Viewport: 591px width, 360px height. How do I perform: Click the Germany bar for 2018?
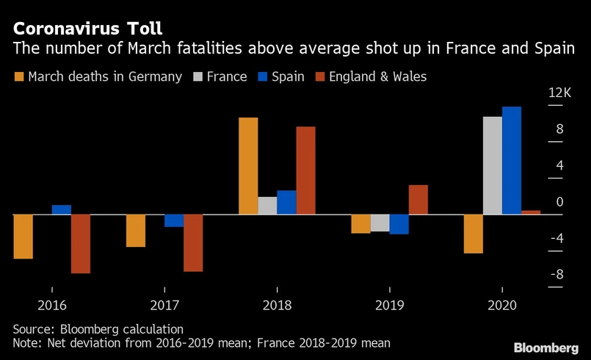[x=248, y=166]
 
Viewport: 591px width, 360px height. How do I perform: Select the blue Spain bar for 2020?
[x=512, y=161]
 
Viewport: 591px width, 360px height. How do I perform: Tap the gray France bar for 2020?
[x=493, y=165]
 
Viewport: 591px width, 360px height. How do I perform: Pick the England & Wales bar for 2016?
[x=81, y=244]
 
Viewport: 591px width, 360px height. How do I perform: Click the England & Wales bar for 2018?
[x=305, y=170]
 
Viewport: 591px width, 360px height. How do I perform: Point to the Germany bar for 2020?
[x=474, y=234]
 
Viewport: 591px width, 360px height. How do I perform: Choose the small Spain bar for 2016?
[x=62, y=210]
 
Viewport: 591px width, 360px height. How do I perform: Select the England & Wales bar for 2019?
[x=418, y=200]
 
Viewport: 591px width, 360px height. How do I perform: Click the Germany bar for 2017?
[x=136, y=231]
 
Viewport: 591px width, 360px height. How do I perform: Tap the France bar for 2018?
[x=267, y=206]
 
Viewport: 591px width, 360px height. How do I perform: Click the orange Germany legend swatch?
[x=18, y=76]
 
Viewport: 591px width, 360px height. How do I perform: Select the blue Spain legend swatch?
[x=262, y=76]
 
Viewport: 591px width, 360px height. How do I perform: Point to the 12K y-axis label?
[x=559, y=93]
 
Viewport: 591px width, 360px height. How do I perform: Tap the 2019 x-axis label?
[x=390, y=305]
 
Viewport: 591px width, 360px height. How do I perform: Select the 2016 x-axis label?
[x=51, y=305]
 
